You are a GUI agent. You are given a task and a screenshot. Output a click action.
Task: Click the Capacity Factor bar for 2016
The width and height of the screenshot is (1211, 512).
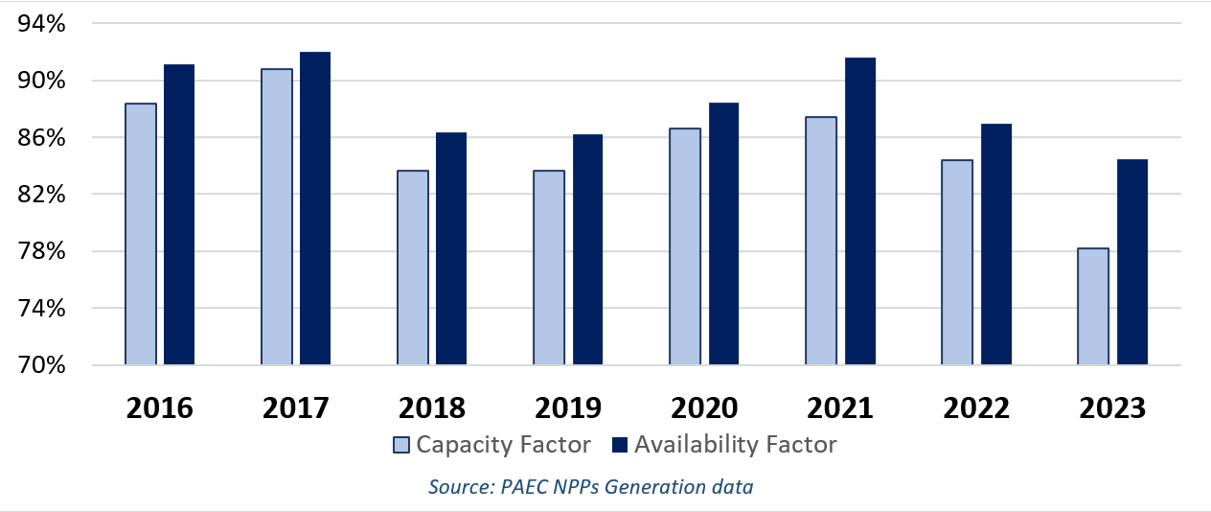pos(141,234)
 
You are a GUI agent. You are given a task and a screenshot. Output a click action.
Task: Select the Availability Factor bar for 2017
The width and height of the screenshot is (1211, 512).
pos(315,209)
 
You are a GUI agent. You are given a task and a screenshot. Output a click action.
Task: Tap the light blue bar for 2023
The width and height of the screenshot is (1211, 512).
pos(1093,307)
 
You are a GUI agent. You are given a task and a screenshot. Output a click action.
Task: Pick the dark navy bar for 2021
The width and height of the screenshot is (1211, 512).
pos(859,212)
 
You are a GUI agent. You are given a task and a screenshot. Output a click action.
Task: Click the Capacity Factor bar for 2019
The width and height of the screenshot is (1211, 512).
pos(549,268)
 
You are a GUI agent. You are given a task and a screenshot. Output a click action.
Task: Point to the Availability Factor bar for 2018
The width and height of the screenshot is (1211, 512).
pos(451,249)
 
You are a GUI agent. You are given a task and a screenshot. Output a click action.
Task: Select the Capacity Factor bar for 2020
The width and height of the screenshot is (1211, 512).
pos(685,246)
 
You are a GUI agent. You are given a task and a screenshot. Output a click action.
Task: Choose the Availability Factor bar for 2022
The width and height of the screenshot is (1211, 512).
pos(995,244)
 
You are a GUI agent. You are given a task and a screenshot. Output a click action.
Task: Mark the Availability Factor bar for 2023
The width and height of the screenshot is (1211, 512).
pos(1131,262)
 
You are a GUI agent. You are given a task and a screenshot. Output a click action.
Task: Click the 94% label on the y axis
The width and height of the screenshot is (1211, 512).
pos(42,24)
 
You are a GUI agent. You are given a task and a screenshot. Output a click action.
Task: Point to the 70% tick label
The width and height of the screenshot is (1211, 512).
pos(42,365)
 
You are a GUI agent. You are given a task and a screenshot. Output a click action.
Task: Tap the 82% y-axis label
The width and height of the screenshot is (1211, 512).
pos(42,195)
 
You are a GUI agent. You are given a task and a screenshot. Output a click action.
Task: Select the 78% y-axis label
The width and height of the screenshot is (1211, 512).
pos(42,251)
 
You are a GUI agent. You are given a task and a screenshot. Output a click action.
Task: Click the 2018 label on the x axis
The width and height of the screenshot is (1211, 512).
pos(431,407)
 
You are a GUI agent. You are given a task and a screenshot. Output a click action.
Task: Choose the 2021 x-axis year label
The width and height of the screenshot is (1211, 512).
pos(839,407)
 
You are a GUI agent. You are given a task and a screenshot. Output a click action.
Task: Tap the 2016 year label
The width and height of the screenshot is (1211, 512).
pos(159,407)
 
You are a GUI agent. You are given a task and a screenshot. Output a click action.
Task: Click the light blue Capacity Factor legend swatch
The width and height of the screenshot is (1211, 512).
pos(401,445)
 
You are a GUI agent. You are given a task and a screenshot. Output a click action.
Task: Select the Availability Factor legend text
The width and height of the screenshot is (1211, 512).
pos(735,445)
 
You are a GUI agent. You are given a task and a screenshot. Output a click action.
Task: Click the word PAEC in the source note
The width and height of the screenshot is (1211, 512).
pos(523,487)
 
